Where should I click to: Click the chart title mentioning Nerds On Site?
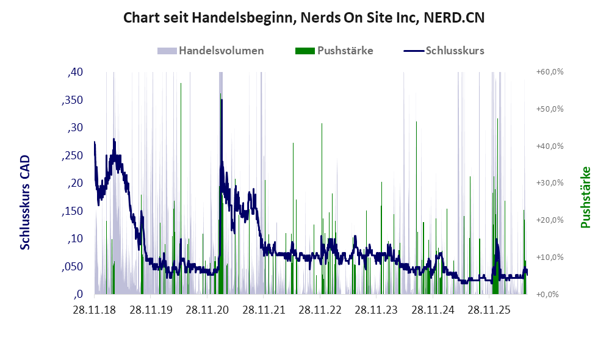pyautogui.click(x=304, y=18)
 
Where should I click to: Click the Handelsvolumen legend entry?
pyautogui.click(x=221, y=51)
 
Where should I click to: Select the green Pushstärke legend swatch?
pyautogui.click(x=305, y=51)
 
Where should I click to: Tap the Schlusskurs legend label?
pyautogui.click(x=455, y=51)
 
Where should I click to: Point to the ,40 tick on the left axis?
pyautogui.click(x=75, y=72)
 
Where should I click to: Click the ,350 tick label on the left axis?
pyautogui.click(x=73, y=100)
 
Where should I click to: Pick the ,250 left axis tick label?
pyautogui.click(x=73, y=156)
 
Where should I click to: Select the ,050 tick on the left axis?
pyautogui.click(x=73, y=267)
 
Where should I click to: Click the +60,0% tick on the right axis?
pyautogui.click(x=550, y=72)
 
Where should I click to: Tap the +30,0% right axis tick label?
pyautogui.click(x=550, y=183)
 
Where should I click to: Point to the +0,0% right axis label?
pyautogui.click(x=547, y=294)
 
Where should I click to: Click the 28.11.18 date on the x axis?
pyautogui.click(x=95, y=310)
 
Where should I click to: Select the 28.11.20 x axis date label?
pyautogui.click(x=207, y=310)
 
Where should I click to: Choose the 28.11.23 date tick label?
pyautogui.click(x=376, y=310)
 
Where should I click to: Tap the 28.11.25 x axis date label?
pyautogui.click(x=489, y=310)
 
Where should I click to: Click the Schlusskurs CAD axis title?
pyautogui.click(x=25, y=203)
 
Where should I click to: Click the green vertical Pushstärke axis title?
pyautogui.click(x=585, y=197)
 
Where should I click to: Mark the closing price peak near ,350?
pyautogui.click(x=222, y=100)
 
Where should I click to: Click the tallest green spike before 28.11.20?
pyautogui.click(x=181, y=83)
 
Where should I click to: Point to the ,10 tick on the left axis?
pyautogui.click(x=75, y=239)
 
